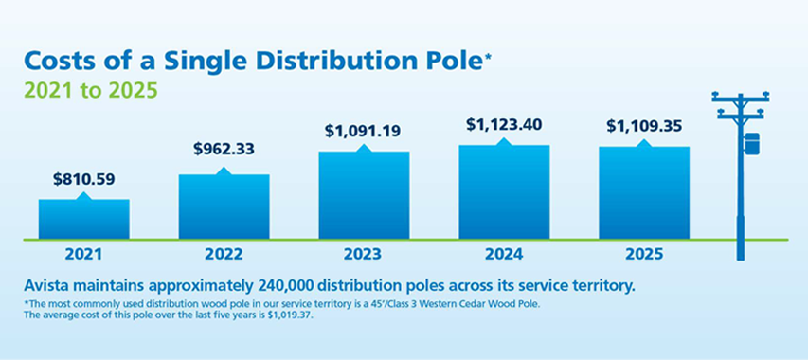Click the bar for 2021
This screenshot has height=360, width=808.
(x=83, y=219)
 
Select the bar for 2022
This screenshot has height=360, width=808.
(x=224, y=207)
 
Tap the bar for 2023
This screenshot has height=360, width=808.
(x=364, y=195)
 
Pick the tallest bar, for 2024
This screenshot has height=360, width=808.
(x=504, y=191)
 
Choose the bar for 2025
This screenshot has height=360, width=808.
(x=643, y=192)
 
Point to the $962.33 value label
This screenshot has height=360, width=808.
(x=224, y=149)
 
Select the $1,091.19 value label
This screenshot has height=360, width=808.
(x=364, y=128)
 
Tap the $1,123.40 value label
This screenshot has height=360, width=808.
(x=504, y=124)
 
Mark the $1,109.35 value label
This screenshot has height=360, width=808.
(x=643, y=125)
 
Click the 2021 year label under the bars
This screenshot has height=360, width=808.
(x=83, y=255)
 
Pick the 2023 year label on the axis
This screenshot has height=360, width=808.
(x=364, y=255)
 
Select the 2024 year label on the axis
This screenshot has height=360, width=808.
(x=504, y=255)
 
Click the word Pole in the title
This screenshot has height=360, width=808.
(x=449, y=63)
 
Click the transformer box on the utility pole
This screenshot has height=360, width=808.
(x=753, y=144)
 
